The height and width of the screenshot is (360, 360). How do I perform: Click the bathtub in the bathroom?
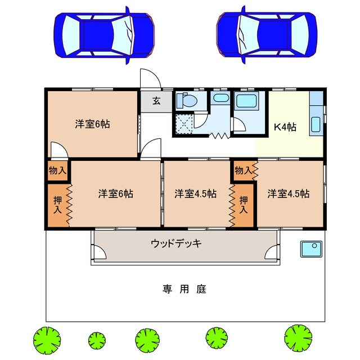[x=246, y=102]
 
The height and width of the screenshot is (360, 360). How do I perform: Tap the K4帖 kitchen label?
[x=285, y=127]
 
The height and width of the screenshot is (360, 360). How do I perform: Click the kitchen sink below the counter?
[x=316, y=123]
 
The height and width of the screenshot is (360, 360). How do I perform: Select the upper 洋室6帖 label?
[x=92, y=124]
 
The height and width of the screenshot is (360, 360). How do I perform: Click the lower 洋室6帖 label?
[x=115, y=193]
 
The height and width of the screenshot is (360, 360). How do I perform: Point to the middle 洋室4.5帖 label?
[x=195, y=193]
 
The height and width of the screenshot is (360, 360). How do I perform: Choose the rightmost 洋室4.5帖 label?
[x=288, y=193]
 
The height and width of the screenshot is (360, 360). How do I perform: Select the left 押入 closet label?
[x=57, y=205]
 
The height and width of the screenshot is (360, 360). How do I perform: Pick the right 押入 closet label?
[x=243, y=205]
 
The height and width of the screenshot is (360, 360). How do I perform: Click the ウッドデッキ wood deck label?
[x=176, y=244]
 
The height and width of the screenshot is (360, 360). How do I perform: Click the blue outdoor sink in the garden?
[x=310, y=248]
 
